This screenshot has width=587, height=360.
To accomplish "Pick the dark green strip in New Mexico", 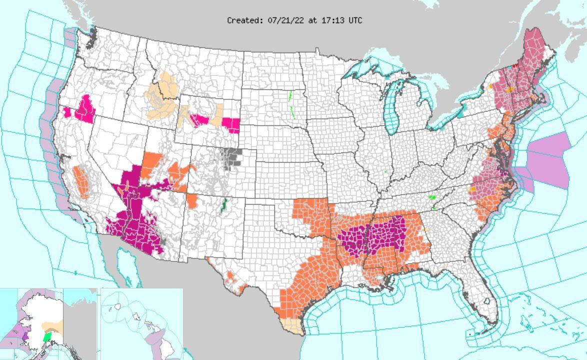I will [224, 204].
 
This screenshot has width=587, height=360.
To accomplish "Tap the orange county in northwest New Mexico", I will [192, 201].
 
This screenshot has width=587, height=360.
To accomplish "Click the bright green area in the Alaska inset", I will [47, 337].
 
